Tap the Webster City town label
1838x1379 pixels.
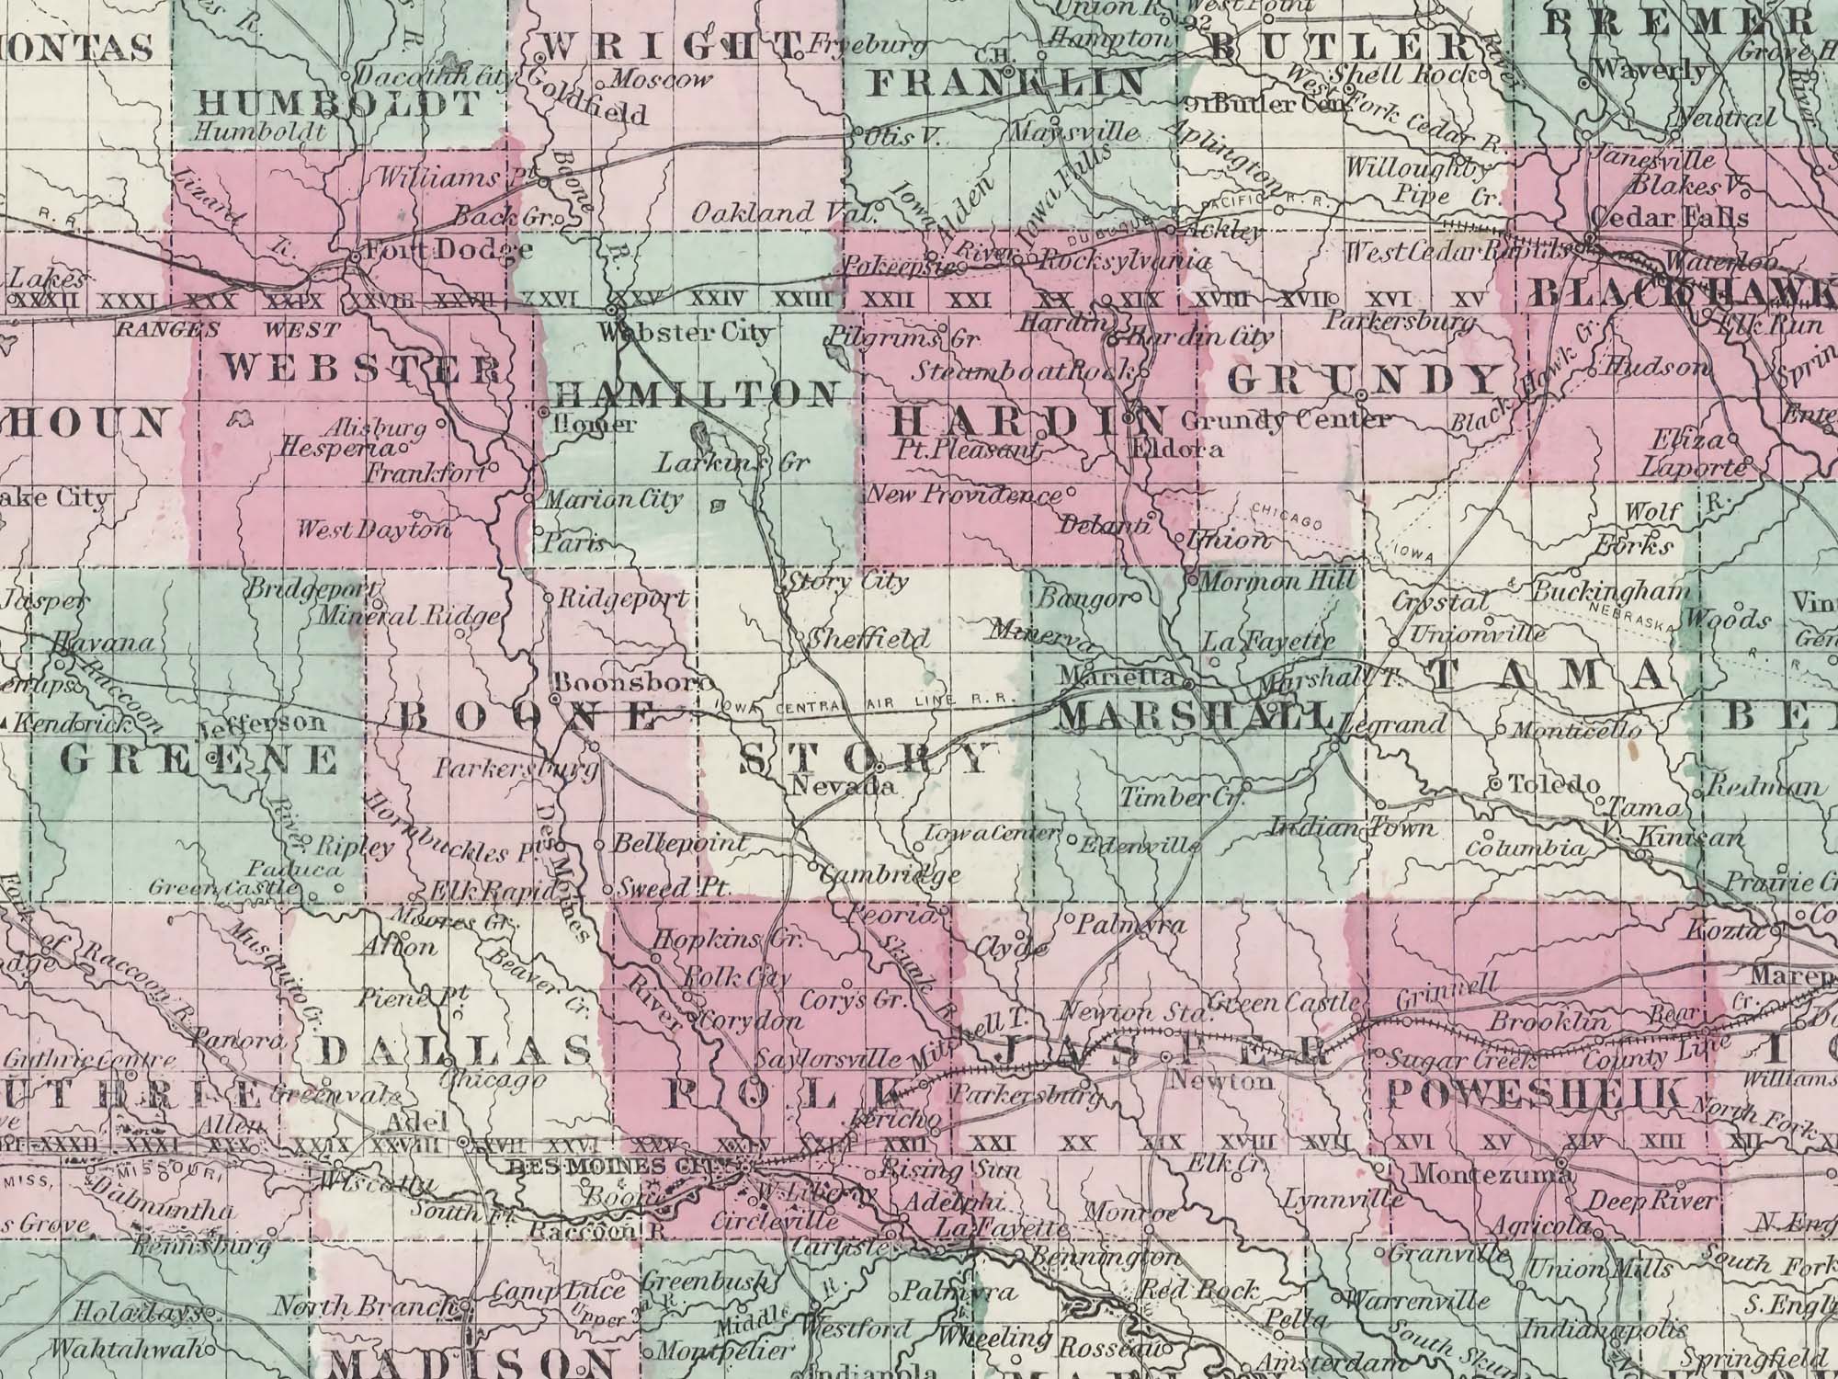(685, 333)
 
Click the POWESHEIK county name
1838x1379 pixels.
(1537, 1093)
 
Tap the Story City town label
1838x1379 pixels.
(849, 581)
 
